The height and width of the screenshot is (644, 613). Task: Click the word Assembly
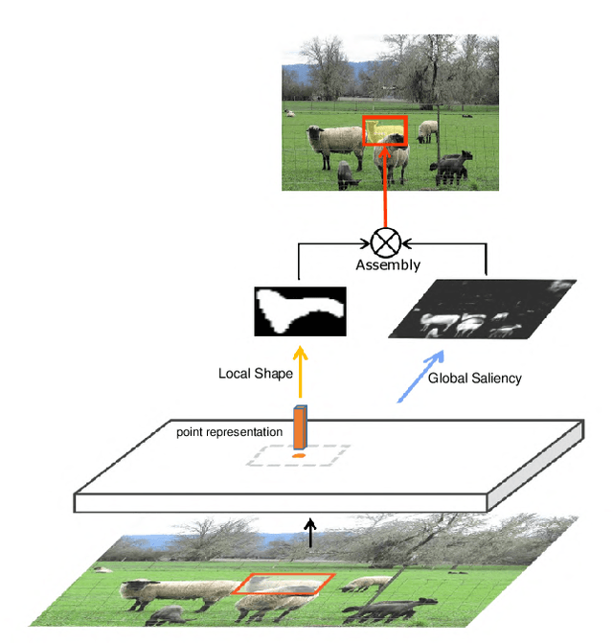coord(388,264)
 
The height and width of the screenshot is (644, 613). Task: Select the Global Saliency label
coord(475,378)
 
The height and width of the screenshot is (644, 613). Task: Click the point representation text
coord(229,432)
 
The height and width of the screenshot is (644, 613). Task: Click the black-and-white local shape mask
coord(300,311)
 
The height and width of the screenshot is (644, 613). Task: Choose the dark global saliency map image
coord(481,310)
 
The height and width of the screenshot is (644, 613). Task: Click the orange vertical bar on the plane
coord(300,427)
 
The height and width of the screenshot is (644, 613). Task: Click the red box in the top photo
coord(385,131)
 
